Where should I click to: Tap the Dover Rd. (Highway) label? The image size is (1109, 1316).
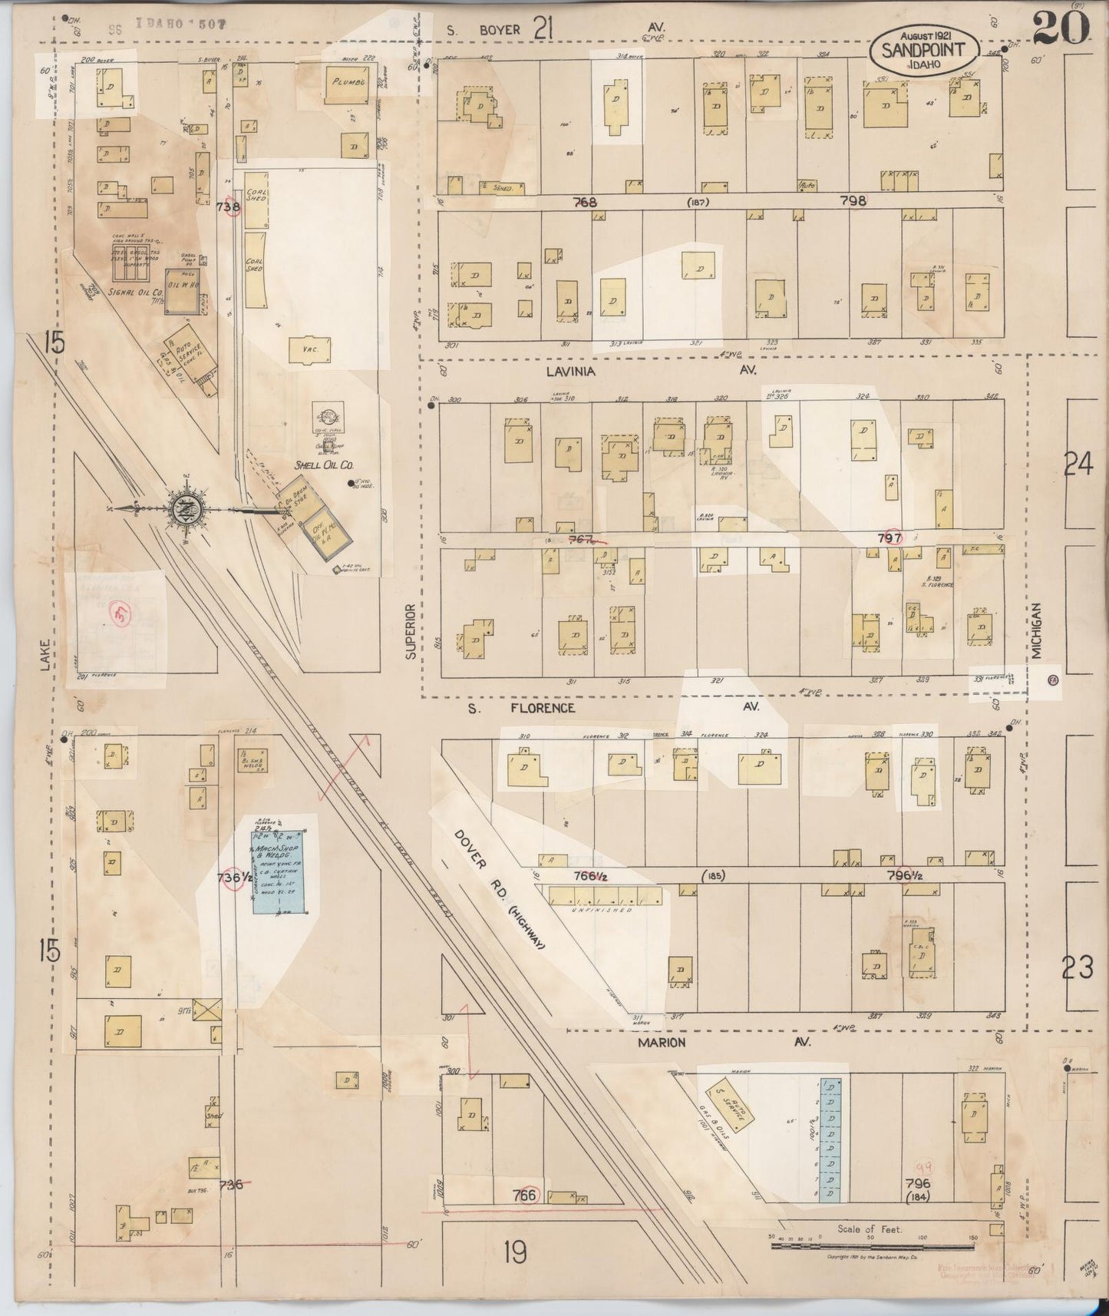(x=498, y=888)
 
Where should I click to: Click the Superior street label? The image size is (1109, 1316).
(x=411, y=631)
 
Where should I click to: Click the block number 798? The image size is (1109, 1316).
(x=853, y=201)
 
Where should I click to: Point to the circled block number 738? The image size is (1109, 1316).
(x=229, y=207)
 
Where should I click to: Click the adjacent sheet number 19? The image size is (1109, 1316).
(x=515, y=1254)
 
